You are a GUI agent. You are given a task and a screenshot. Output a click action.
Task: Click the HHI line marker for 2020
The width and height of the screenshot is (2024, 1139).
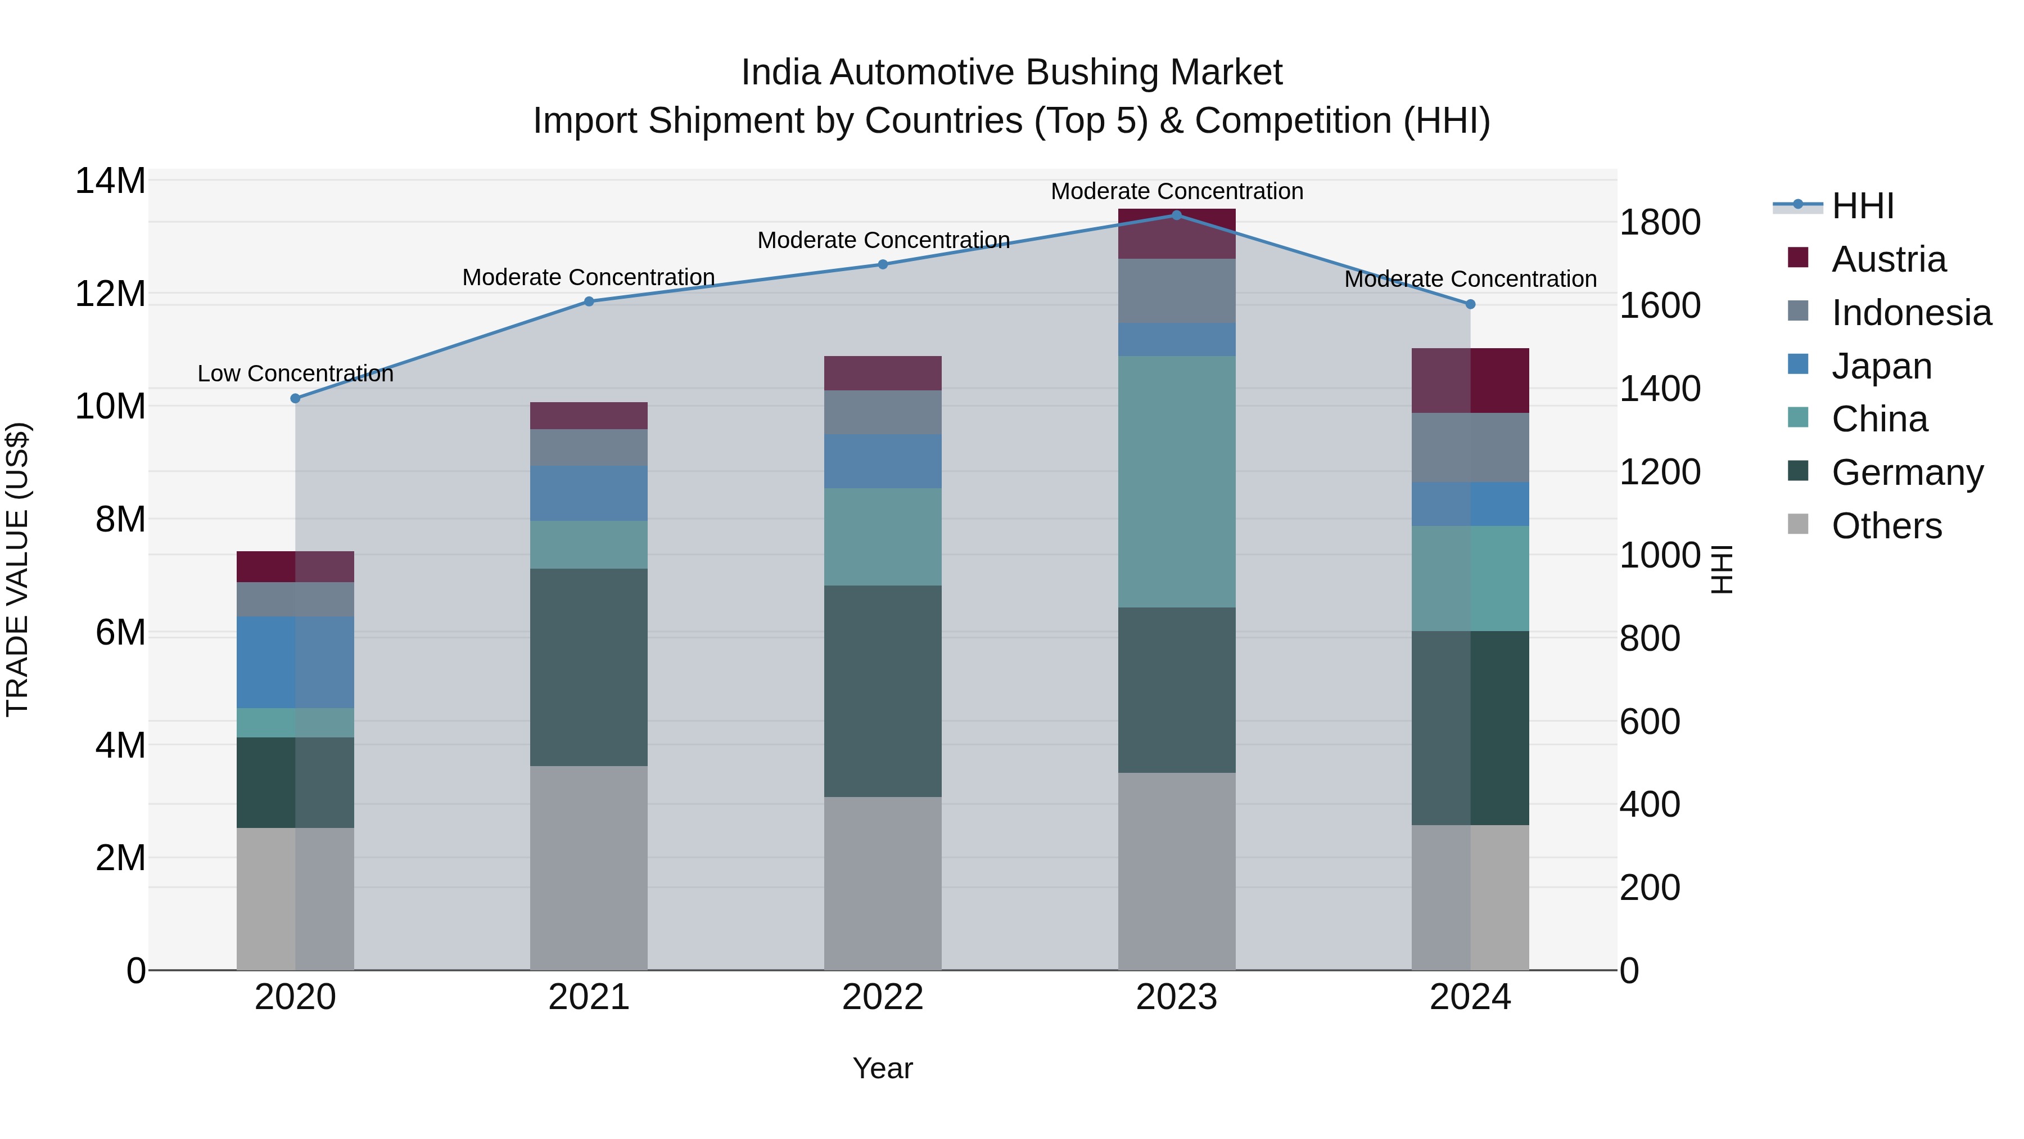295,399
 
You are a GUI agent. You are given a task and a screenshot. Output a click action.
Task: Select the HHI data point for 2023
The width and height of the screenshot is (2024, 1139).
1176,215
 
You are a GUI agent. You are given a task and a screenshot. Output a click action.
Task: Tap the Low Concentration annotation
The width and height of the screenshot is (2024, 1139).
295,374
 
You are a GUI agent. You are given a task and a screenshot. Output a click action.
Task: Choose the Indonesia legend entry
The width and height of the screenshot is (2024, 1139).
1911,313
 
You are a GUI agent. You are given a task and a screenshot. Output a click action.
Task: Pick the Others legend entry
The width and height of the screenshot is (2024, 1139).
1886,526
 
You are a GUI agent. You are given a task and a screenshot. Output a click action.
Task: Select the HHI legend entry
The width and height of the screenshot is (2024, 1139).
1862,206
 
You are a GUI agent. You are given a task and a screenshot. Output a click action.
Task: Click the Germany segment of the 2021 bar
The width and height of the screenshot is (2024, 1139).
589,667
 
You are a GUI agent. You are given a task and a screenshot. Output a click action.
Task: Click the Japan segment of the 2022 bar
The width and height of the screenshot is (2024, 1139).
882,461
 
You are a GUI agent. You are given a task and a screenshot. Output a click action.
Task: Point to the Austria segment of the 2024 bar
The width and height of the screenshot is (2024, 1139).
1470,380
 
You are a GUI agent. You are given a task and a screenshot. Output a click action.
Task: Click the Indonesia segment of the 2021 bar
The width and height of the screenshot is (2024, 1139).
589,447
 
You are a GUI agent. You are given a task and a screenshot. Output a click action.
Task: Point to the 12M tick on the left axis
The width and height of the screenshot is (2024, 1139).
110,294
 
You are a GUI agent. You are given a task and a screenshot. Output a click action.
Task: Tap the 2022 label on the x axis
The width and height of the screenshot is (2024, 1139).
882,997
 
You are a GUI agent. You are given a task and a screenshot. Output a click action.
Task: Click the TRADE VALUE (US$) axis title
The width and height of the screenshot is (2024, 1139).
17,569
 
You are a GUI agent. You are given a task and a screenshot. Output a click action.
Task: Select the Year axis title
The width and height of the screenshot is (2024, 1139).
882,1068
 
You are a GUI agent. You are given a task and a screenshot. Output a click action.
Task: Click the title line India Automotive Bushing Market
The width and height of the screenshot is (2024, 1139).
1011,73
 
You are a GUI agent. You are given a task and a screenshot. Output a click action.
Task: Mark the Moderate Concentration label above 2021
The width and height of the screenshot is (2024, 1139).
589,277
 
